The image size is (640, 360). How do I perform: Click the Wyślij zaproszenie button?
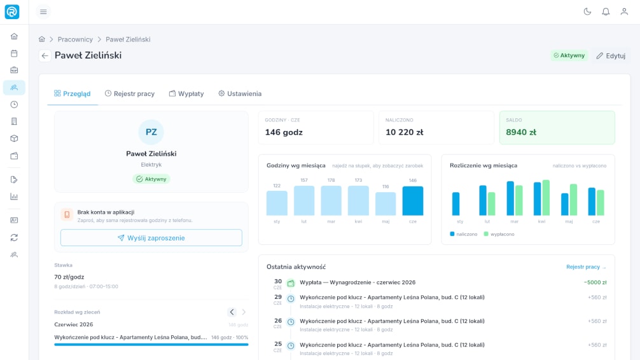(151, 237)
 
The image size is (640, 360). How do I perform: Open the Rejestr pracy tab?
(129, 93)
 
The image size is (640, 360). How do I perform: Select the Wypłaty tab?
(186, 93)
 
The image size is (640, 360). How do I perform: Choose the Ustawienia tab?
(240, 93)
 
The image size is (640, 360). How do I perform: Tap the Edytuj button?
(611, 55)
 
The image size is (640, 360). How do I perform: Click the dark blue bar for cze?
(413, 201)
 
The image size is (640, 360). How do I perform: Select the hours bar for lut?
(304, 200)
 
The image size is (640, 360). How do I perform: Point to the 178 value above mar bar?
(331, 180)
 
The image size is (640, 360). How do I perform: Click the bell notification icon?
(606, 12)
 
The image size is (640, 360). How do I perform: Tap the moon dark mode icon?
(587, 12)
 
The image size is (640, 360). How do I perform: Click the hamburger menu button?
(43, 12)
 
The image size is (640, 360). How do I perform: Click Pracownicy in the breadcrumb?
(75, 39)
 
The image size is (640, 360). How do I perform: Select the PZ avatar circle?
(151, 132)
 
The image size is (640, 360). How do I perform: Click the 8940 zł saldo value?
(521, 132)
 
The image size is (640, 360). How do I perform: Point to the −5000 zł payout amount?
(595, 282)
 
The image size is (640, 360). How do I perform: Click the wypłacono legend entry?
(499, 234)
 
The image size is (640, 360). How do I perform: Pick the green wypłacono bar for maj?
(573, 200)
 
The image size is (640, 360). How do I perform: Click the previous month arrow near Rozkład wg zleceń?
(232, 312)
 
